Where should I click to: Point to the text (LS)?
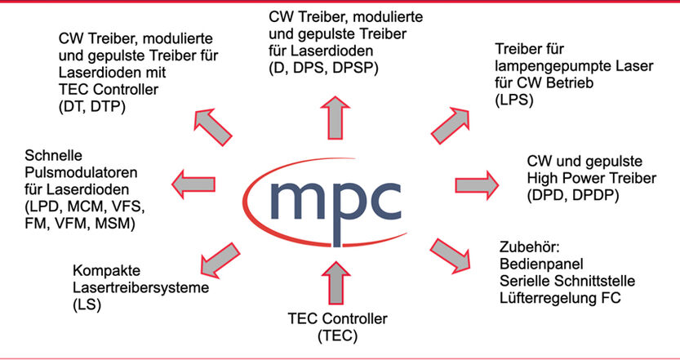pos(88,304)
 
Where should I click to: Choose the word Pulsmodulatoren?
pos(80,174)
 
